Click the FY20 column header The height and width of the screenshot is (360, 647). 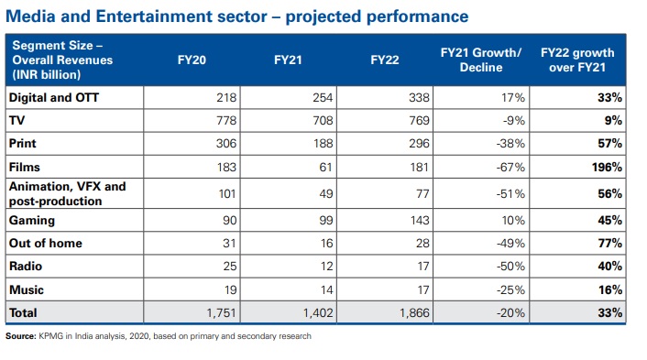[x=192, y=60]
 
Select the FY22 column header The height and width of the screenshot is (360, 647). [x=385, y=60]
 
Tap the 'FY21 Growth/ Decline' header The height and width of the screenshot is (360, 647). [x=481, y=60]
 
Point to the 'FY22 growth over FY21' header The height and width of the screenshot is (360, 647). [x=577, y=60]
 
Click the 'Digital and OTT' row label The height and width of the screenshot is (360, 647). [x=54, y=98]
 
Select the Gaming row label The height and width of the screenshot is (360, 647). [x=32, y=220]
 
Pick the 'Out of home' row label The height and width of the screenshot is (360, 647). [x=46, y=244]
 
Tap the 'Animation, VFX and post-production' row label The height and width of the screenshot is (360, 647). [x=67, y=194]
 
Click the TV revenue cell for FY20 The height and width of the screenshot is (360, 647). [x=226, y=120]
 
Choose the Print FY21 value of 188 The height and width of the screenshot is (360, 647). [x=323, y=144]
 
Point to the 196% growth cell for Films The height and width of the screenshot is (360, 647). [x=607, y=167]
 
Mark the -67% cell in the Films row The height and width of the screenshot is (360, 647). [x=510, y=167]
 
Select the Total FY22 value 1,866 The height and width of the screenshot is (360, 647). [x=414, y=313]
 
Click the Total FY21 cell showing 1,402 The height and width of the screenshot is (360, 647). [x=318, y=313]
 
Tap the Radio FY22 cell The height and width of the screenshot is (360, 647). [x=423, y=267]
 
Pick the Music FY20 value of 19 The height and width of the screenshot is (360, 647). [x=230, y=289]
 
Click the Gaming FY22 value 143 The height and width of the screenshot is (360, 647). [x=420, y=220]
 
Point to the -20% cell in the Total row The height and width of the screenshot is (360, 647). [x=510, y=313]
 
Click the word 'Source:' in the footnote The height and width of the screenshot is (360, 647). [x=21, y=336]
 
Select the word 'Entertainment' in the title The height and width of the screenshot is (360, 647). [x=181, y=16]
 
